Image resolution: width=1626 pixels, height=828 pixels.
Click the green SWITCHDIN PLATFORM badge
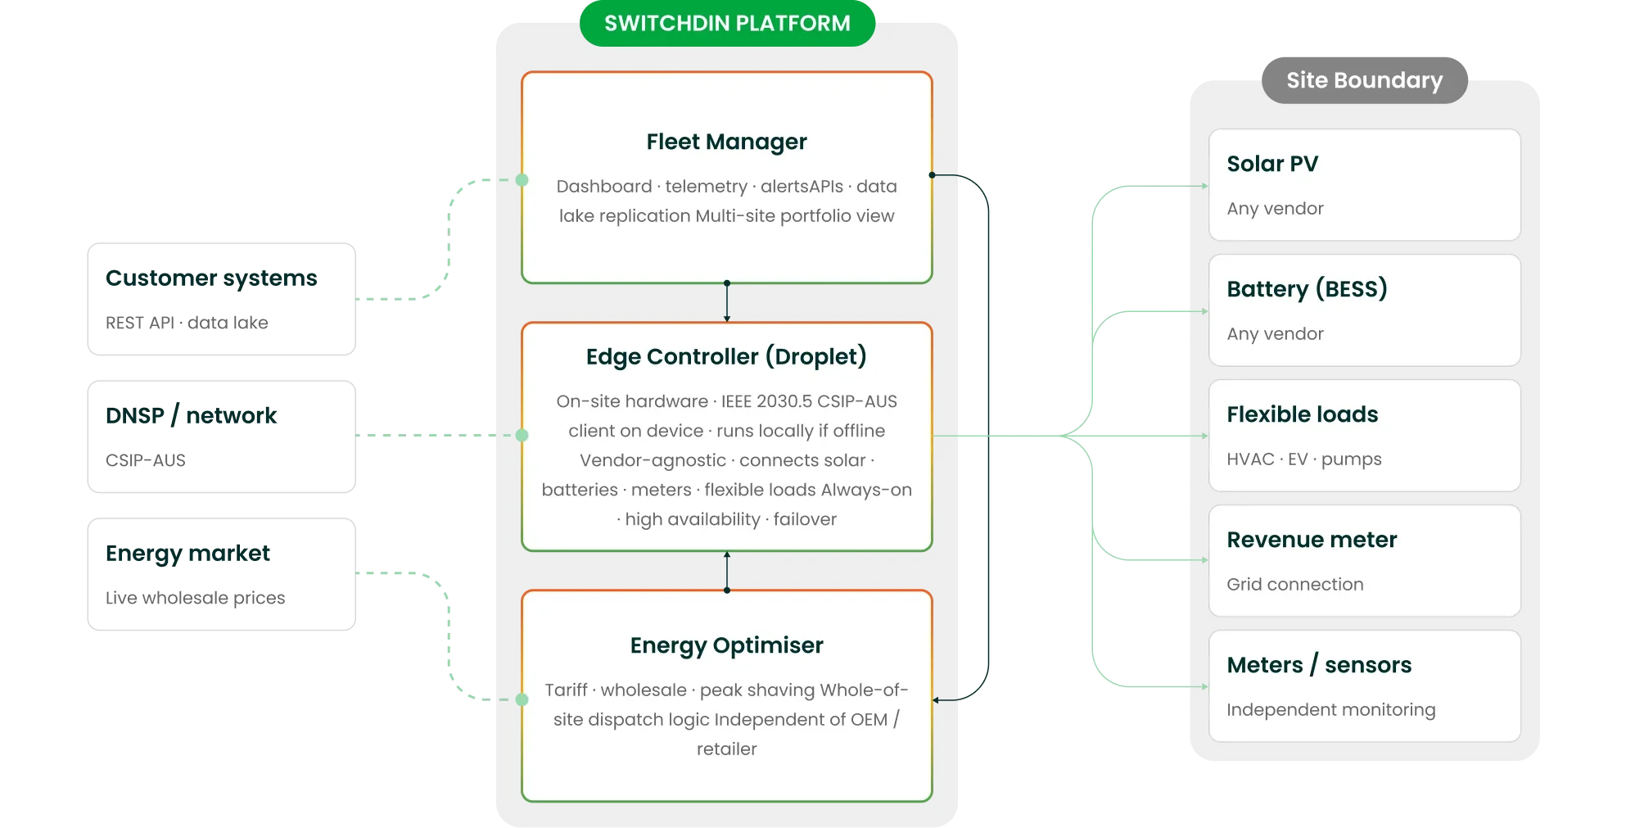[x=727, y=24]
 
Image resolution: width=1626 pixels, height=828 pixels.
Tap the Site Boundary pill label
[x=1364, y=80]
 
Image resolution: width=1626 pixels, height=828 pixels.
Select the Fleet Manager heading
[x=726, y=142]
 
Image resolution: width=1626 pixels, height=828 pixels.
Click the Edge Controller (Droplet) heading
[x=726, y=357]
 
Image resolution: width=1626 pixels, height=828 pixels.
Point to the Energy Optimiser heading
[x=726, y=645]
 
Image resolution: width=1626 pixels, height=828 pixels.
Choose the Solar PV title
[x=1272, y=164]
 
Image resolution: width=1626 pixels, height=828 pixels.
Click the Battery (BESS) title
[x=1307, y=289]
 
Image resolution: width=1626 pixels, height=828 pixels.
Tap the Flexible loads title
[x=1302, y=414]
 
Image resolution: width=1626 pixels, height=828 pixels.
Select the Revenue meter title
[x=1312, y=540]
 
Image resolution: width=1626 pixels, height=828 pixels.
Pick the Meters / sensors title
[x=1319, y=665]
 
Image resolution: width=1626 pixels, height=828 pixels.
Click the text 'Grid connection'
[x=1294, y=585]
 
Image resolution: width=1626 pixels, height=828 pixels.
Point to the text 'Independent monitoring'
[x=1330, y=710]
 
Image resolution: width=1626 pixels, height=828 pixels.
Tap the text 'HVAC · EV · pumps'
[x=1303, y=459]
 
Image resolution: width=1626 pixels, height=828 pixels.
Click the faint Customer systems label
[x=211, y=278]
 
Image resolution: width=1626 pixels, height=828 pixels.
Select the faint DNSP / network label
[x=192, y=416]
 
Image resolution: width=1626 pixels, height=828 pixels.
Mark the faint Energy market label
[x=188, y=554]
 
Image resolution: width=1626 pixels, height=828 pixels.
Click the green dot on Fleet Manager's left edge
[x=522, y=180]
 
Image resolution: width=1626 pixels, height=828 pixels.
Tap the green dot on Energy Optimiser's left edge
[x=522, y=699]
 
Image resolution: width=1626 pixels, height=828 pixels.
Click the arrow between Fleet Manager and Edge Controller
[x=726, y=302]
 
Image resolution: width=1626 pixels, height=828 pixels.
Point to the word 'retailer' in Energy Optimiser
[x=726, y=749]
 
